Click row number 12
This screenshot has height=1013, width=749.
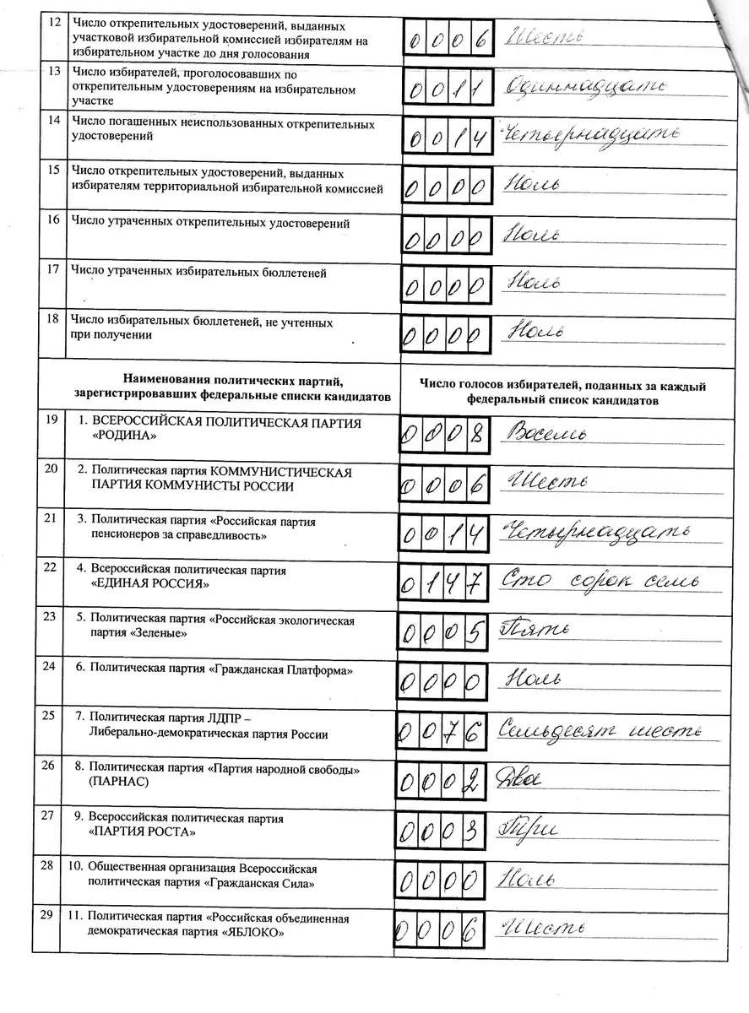(x=54, y=21)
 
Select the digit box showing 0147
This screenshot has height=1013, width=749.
(x=444, y=582)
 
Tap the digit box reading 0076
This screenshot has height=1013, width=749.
(x=443, y=730)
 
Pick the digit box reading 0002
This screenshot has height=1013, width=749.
(x=442, y=782)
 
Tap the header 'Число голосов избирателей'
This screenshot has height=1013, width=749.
(x=563, y=386)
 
